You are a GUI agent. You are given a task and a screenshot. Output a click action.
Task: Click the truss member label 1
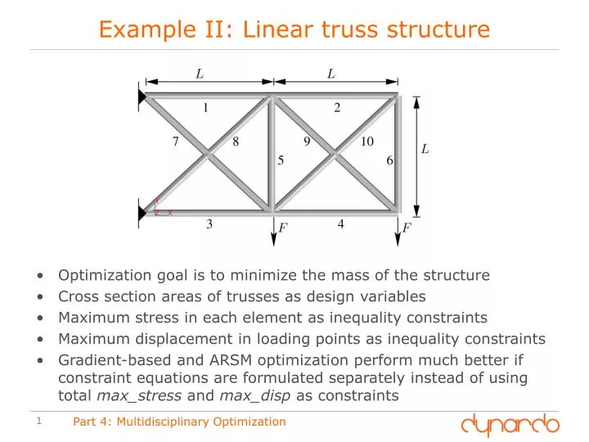[206, 107]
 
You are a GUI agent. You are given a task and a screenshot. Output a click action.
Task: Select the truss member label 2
[337, 107]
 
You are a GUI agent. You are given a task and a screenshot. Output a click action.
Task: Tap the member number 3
[209, 224]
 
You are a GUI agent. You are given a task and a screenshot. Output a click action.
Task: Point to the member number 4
[340, 223]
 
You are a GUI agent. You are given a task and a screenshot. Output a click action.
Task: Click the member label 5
[281, 160]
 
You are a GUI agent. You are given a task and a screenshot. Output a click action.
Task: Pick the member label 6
[390, 160]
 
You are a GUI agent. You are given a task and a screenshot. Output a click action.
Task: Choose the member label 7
[175, 142]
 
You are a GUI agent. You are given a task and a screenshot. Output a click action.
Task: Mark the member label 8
[236, 142]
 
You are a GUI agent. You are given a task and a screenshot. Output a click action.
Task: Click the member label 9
[307, 142]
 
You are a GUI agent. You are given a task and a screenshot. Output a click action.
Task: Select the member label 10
[367, 142]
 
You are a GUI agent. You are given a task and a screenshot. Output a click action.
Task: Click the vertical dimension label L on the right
[425, 149]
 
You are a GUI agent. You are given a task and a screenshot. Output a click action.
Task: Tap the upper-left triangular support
[142, 98]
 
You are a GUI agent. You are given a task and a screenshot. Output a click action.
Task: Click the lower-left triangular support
[142, 212]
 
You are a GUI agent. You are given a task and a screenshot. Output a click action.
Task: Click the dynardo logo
[510, 423]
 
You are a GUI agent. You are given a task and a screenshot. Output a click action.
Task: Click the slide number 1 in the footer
[39, 422]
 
